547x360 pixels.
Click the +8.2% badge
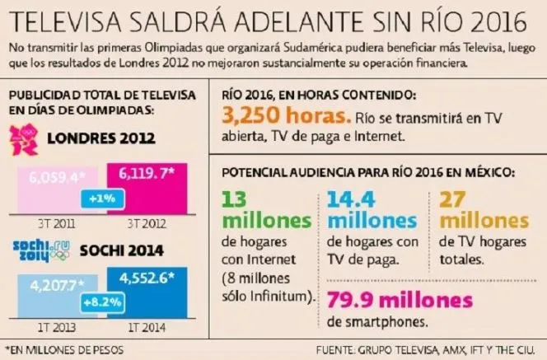pyautogui.click(x=103, y=303)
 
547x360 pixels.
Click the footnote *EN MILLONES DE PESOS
pyautogui.click(x=64, y=350)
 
